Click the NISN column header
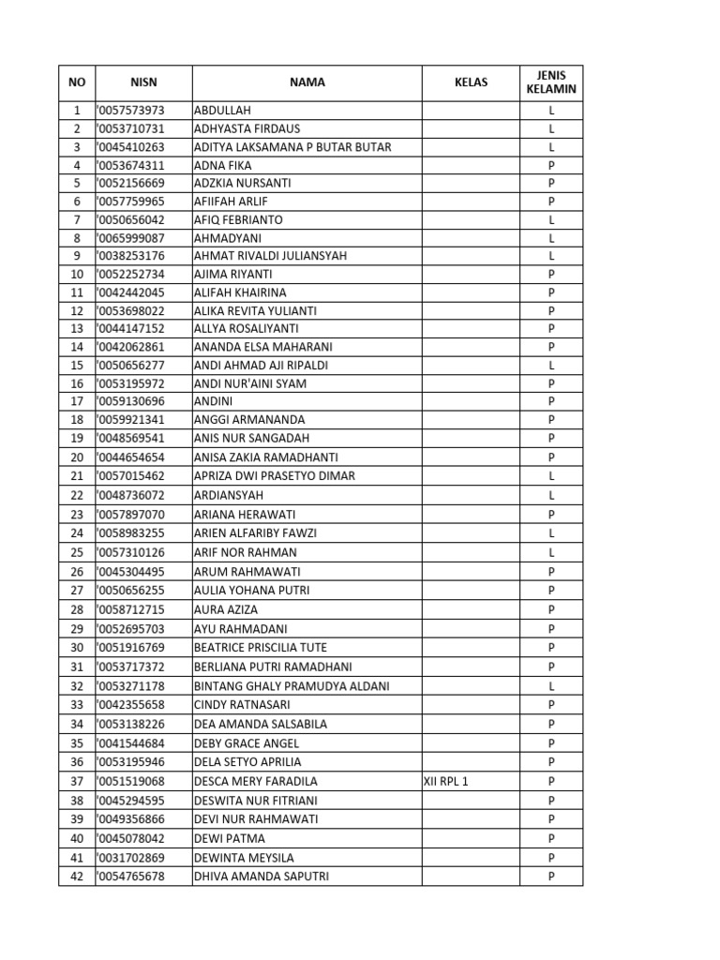click(x=143, y=82)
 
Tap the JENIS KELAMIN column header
click(x=551, y=82)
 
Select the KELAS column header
click(x=471, y=82)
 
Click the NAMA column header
click(x=307, y=82)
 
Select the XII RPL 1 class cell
click(x=446, y=782)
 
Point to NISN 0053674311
click(x=131, y=165)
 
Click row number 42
click(x=77, y=877)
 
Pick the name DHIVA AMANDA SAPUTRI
click(x=262, y=877)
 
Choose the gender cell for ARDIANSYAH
click(x=552, y=495)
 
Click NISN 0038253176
click(x=131, y=256)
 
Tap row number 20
click(x=77, y=457)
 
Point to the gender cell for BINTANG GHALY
click(x=552, y=686)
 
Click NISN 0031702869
click(x=131, y=858)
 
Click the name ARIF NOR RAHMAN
click(x=245, y=552)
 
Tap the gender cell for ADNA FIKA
click(x=552, y=165)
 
